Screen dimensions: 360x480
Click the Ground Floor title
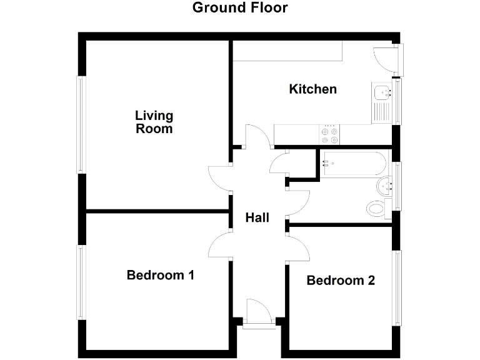(240, 8)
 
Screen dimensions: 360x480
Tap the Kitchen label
(312, 89)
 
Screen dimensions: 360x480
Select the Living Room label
(154, 122)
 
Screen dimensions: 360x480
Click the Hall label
(257, 217)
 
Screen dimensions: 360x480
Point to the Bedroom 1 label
(161, 275)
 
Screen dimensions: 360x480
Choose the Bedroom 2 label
(341, 281)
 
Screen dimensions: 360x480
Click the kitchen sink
(380, 94)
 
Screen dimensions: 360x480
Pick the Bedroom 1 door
(220, 244)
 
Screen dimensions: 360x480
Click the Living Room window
(81, 124)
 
